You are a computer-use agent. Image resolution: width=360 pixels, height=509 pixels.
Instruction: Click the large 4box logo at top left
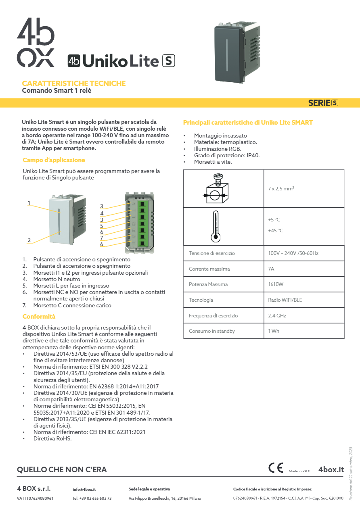(36, 42)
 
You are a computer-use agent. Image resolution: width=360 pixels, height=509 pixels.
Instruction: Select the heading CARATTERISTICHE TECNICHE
(73, 83)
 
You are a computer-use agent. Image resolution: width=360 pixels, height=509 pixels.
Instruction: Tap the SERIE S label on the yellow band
(323, 103)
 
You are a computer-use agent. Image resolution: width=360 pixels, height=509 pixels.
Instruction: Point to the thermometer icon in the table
(216, 226)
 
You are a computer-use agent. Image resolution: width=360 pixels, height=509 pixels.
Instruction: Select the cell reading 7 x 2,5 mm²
(281, 188)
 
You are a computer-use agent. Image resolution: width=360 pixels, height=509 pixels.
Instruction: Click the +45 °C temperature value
(275, 231)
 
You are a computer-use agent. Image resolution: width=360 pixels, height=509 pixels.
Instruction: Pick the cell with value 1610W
(276, 284)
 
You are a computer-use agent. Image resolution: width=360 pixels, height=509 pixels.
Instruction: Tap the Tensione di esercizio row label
(211, 253)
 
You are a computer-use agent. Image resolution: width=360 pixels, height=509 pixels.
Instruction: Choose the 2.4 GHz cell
(277, 316)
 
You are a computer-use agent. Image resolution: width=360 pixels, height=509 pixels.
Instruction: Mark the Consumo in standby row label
(211, 331)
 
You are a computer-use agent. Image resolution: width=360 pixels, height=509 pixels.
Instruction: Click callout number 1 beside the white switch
(29, 203)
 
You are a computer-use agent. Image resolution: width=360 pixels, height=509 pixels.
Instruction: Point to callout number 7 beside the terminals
(102, 238)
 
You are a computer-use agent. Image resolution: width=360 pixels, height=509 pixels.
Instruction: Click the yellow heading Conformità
(39, 317)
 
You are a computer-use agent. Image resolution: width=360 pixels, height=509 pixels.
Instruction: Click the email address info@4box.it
(84, 489)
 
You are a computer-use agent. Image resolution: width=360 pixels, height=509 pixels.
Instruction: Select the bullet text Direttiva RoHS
(52, 438)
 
